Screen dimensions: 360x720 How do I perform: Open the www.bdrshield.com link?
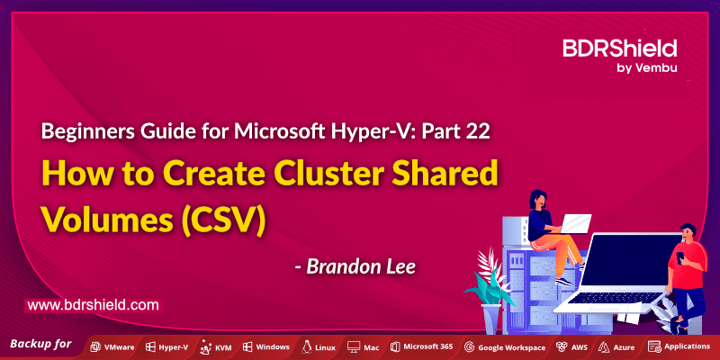93,306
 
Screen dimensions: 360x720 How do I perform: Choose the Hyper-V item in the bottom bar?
166,346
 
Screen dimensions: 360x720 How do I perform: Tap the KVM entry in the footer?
218,346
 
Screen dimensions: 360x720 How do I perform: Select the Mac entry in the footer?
364,346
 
